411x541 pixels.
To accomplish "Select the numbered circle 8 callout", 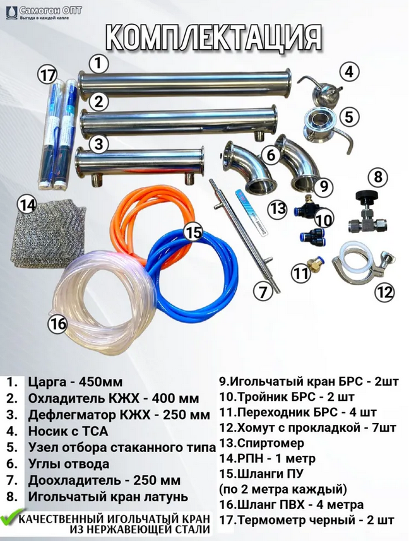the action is coord(378,177).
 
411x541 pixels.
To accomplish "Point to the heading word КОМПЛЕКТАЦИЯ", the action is coord(214,38).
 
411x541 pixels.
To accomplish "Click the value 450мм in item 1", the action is coord(101,383).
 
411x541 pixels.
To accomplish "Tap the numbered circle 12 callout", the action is coord(384,292).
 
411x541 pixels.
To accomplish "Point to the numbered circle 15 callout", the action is coord(193,232).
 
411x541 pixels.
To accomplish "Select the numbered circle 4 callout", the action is coord(350,72).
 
